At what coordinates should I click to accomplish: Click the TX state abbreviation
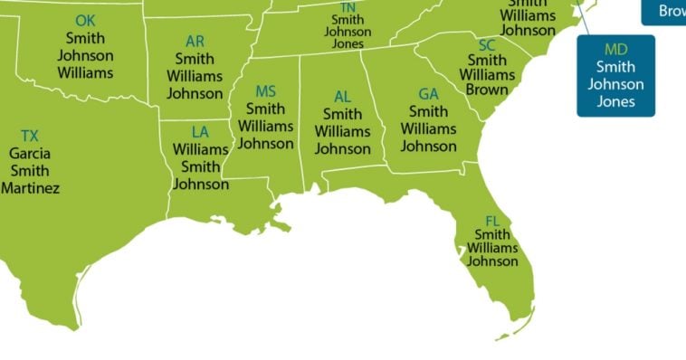point(30,136)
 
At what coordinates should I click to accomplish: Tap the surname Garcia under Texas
point(30,153)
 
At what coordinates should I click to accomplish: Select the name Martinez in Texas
point(30,188)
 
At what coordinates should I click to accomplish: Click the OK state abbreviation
point(85,20)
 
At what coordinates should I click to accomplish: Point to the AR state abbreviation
point(195,42)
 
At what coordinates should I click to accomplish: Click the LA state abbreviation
point(201,132)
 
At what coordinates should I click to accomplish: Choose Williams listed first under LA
point(201,149)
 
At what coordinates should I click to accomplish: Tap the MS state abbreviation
point(265,91)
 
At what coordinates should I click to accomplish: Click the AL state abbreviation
point(342,97)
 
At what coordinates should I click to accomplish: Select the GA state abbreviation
point(428,94)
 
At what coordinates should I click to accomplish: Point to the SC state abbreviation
point(487,45)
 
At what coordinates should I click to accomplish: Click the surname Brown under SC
point(487,90)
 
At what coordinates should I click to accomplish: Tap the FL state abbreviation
point(492,221)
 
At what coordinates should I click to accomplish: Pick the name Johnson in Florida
point(492,261)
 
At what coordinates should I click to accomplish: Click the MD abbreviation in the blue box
point(615,49)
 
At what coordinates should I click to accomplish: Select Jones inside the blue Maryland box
point(615,101)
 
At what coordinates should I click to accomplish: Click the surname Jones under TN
point(348,43)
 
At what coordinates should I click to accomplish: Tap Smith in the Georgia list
point(428,111)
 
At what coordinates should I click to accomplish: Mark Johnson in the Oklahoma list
point(85,55)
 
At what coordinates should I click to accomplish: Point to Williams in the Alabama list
point(342,132)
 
